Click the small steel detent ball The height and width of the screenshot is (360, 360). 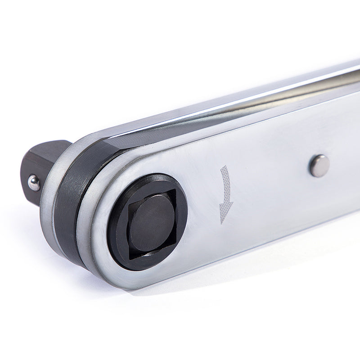(x=34, y=182)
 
